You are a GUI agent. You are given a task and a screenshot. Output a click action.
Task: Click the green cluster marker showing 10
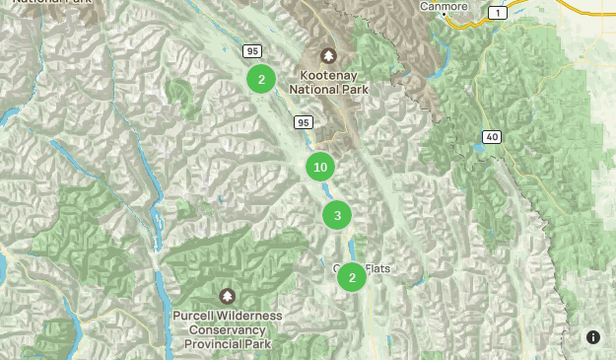tap(320, 168)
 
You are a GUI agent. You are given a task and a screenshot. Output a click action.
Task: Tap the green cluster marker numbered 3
tap(337, 215)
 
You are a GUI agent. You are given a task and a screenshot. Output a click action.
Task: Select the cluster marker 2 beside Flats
tap(352, 277)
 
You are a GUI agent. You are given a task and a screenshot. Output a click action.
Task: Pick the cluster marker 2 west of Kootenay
tap(261, 80)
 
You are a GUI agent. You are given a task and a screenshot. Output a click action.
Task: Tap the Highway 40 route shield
tap(492, 136)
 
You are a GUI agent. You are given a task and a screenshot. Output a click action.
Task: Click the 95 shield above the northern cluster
tap(253, 51)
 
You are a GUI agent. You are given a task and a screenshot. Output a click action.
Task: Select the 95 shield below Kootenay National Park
tap(303, 122)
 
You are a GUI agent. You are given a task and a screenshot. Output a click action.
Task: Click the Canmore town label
tap(443, 6)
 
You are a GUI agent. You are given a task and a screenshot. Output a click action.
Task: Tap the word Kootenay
tap(328, 75)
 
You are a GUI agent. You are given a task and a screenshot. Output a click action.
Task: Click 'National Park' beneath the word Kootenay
tap(328, 89)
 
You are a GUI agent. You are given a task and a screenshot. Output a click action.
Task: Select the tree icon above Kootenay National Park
tap(328, 56)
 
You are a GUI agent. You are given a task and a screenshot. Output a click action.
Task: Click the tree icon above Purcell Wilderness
tap(228, 296)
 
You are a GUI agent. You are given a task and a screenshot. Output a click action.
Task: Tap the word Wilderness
tap(251, 316)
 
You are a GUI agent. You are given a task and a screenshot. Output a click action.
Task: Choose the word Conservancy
tap(228, 329)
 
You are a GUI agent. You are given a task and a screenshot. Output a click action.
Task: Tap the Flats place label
tap(378, 268)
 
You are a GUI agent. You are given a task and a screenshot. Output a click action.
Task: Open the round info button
tap(593, 337)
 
